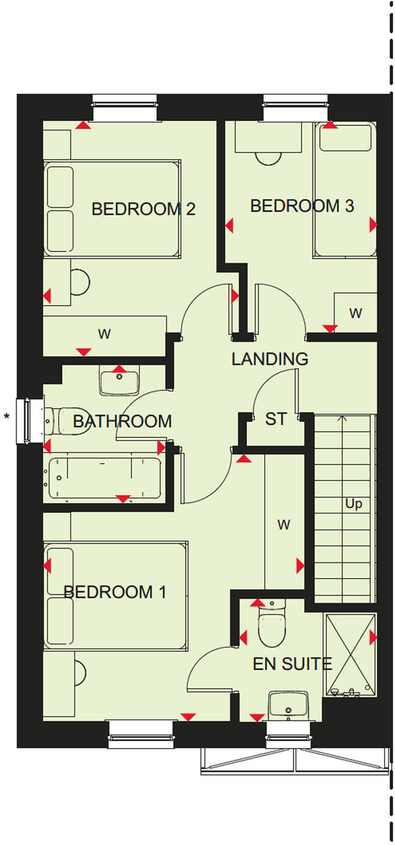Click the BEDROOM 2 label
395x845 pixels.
click(x=143, y=209)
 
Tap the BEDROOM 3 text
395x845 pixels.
click(x=302, y=206)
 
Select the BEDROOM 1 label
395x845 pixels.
click(x=115, y=593)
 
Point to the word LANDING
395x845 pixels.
click(x=270, y=359)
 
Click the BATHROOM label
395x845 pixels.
click(x=123, y=421)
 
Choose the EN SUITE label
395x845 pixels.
click(x=292, y=663)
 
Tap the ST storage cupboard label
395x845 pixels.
click(x=275, y=419)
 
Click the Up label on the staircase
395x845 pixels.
click(x=353, y=504)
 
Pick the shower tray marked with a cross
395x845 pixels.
click(x=350, y=655)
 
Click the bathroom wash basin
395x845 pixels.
click(x=120, y=381)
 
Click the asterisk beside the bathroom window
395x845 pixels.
click(x=7, y=416)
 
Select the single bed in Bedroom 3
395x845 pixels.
click(x=345, y=190)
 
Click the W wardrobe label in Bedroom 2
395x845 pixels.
click(x=105, y=334)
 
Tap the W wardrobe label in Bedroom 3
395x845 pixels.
click(x=355, y=313)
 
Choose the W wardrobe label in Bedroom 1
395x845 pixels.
click(x=283, y=525)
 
